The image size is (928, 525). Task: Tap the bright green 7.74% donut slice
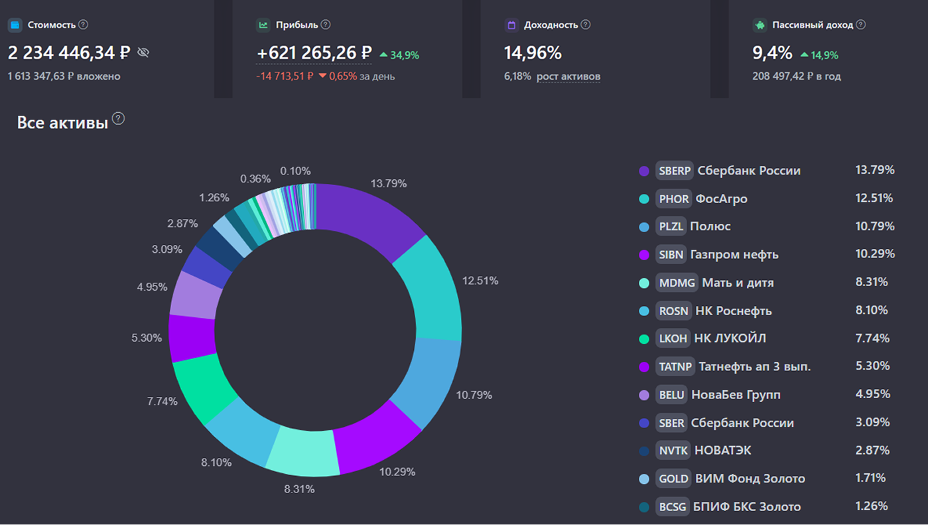[202, 388]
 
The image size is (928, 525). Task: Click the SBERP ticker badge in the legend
[675, 171]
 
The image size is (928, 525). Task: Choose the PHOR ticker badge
[674, 198]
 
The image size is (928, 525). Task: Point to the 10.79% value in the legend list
[875, 226]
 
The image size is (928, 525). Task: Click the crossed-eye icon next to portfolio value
[143, 52]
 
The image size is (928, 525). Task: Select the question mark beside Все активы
[118, 119]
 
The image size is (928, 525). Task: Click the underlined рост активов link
[568, 76]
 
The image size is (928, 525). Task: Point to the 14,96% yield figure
[533, 52]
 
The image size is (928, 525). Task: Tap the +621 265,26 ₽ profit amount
[314, 52]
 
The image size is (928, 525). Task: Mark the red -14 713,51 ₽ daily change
[285, 76]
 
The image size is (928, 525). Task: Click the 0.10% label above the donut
[295, 171]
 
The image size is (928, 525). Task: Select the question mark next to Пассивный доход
[860, 25]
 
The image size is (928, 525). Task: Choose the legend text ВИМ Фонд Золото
[750, 479]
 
